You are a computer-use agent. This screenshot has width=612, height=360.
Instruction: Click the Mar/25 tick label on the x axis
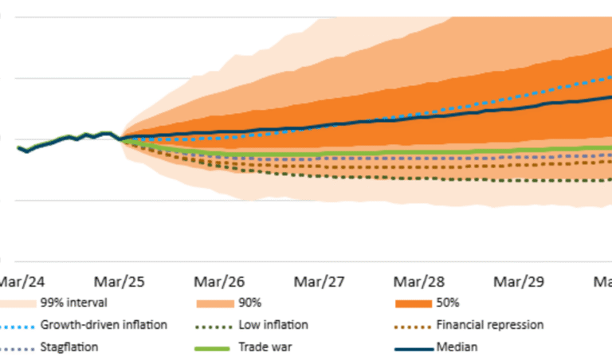pyautogui.click(x=120, y=282)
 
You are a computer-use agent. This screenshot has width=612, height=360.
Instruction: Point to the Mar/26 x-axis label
pyautogui.click(x=219, y=282)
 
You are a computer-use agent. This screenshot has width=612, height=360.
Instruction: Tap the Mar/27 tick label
pyautogui.click(x=319, y=282)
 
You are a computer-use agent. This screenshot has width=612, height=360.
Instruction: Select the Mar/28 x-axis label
pyautogui.click(x=419, y=282)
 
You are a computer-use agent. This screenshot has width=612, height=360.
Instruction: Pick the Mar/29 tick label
pyautogui.click(x=519, y=282)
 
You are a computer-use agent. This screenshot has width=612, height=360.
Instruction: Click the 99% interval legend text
pyautogui.click(x=73, y=303)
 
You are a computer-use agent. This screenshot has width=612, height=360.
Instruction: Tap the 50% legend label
pyautogui.click(x=448, y=303)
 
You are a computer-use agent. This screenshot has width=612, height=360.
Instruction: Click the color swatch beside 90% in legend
pyautogui.click(x=214, y=303)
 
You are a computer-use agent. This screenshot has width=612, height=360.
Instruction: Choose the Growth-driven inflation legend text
pyautogui.click(x=104, y=325)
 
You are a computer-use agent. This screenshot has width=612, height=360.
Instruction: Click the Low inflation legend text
pyautogui.click(x=273, y=325)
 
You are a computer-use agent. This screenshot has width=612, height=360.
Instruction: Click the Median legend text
pyautogui.click(x=456, y=348)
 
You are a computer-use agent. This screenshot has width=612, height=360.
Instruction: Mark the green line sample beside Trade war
pyautogui.click(x=214, y=348)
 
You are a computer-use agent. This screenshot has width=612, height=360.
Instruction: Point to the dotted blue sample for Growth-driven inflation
pyautogui.click(x=16, y=325)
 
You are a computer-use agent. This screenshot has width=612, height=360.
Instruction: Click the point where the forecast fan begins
pyautogui.click(x=121, y=139)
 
